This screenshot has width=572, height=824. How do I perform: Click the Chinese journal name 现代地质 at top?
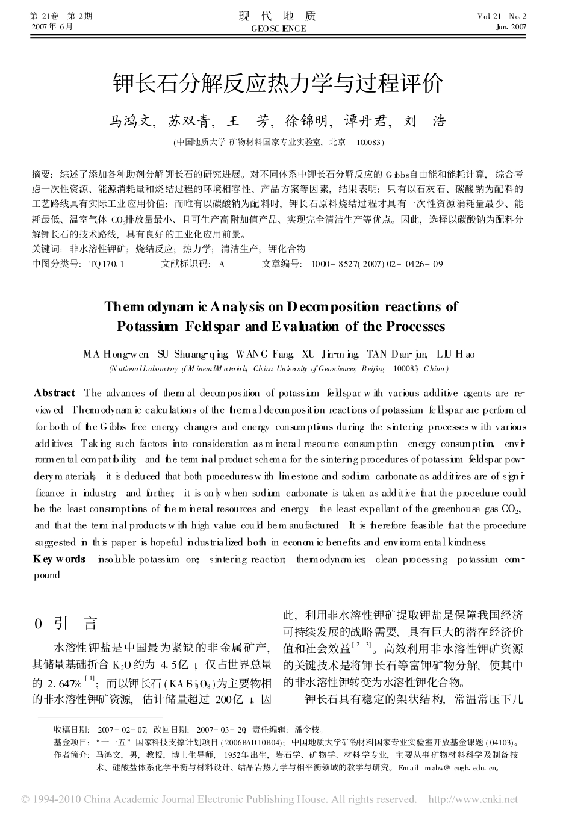[x=278, y=16]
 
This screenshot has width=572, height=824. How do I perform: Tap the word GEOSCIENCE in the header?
[x=278, y=28]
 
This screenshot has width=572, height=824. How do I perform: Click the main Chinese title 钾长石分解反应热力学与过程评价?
[x=278, y=83]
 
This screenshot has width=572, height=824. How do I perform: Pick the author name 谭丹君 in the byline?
[x=364, y=121]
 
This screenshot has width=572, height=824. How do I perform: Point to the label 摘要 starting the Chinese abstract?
[x=42, y=175]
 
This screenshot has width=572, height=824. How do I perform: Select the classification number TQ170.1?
[x=106, y=264]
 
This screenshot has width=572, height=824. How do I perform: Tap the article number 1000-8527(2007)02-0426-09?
[x=378, y=264]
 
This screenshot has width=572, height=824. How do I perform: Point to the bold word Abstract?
[x=55, y=393]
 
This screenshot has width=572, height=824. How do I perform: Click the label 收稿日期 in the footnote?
[x=71, y=730]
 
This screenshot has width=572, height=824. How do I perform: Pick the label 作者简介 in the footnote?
[x=71, y=754]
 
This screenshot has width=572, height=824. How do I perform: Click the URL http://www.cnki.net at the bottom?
[x=472, y=799]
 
